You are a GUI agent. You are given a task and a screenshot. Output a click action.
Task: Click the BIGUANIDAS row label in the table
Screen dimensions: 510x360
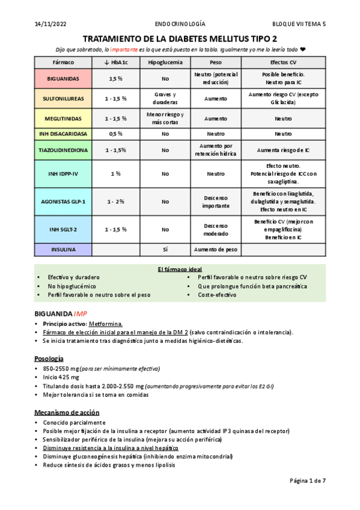pyautogui.click(x=64, y=78)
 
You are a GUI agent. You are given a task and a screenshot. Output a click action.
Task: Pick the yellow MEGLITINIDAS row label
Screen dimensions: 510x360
pyautogui.click(x=64, y=118)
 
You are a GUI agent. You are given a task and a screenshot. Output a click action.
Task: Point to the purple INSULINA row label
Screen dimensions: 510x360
pyautogui.click(x=64, y=249)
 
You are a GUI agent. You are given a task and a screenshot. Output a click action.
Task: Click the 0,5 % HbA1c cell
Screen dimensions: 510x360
pyautogui.click(x=116, y=134)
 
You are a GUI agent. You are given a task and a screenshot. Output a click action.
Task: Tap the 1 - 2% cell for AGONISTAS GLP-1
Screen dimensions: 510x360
pyautogui.click(x=116, y=201)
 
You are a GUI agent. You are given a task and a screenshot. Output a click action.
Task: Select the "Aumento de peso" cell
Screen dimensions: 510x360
pyautogui.click(x=215, y=249)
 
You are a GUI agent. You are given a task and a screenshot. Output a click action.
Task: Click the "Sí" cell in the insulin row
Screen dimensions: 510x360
pyautogui.click(x=165, y=249)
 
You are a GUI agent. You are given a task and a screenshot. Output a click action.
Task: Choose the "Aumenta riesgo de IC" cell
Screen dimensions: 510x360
pyautogui.click(x=283, y=150)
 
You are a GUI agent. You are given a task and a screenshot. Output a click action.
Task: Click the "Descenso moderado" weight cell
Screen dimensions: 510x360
pyautogui.click(x=215, y=229)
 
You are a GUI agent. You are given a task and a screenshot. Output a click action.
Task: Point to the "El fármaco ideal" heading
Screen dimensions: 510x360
pyautogui.click(x=180, y=268)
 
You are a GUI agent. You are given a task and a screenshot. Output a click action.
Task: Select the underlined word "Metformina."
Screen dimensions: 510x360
pyautogui.click(x=105, y=324)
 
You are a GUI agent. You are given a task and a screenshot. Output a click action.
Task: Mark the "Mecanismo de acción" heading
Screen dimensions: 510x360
pyautogui.click(x=66, y=413)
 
